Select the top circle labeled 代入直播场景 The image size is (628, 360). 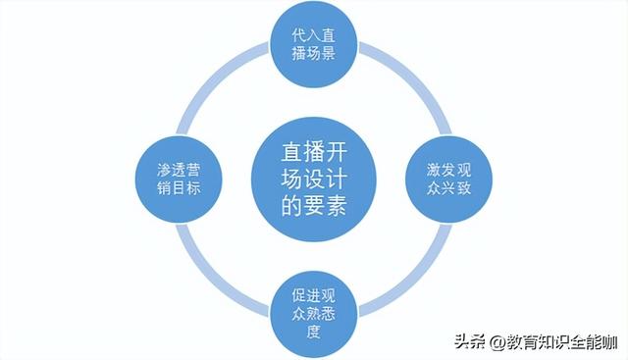click(x=314, y=43)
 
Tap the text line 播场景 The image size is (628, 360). click(x=314, y=53)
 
